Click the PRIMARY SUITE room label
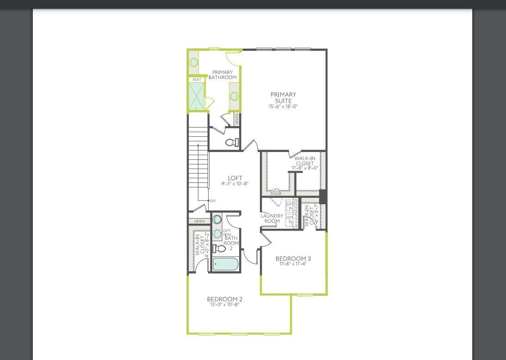283,98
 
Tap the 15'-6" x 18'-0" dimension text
283,106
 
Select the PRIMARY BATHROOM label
222,75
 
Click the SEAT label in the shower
197,80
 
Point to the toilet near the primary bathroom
231,142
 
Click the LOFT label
235,178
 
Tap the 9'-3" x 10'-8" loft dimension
235,183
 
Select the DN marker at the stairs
213,201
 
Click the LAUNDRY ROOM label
272,218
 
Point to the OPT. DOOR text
276,191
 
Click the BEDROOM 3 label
293,258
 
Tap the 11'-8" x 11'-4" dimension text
293,264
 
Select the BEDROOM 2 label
225,299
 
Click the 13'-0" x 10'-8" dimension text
225,305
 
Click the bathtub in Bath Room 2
226,264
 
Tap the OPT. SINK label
228,232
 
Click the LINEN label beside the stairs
199,221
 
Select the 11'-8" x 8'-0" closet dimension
305,168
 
